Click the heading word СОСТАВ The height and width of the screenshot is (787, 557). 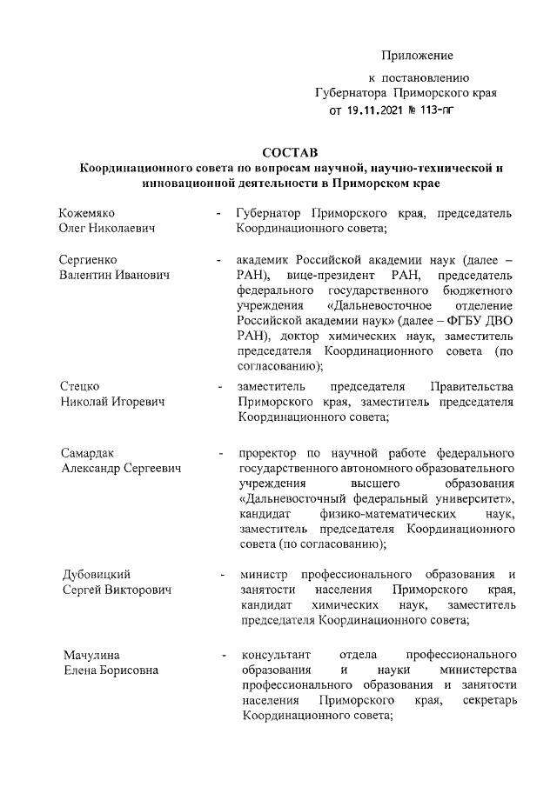pos(292,153)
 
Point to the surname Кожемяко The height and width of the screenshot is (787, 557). pos(88,213)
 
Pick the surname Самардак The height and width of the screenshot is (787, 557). pos(88,453)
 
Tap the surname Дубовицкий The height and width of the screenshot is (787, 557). pos(96,575)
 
